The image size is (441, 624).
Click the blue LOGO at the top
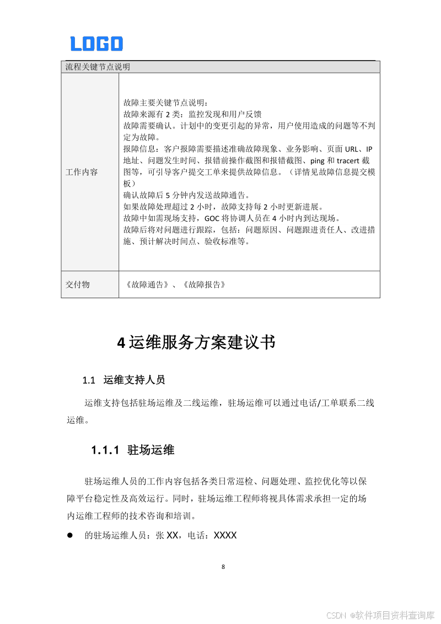(96, 44)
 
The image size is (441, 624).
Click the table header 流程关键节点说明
(98, 67)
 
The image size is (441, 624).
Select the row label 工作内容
(82, 172)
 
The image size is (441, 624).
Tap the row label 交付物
(78, 284)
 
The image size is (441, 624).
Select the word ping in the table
(318, 160)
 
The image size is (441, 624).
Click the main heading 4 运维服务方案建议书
(196, 342)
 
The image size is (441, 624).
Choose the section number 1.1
(89, 380)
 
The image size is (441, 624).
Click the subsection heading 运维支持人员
(134, 380)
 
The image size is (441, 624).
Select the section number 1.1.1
(105, 450)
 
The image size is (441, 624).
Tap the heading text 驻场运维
(150, 450)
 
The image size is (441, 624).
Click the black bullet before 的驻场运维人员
(70, 535)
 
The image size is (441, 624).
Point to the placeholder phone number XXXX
(225, 535)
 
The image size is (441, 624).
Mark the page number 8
(223, 567)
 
